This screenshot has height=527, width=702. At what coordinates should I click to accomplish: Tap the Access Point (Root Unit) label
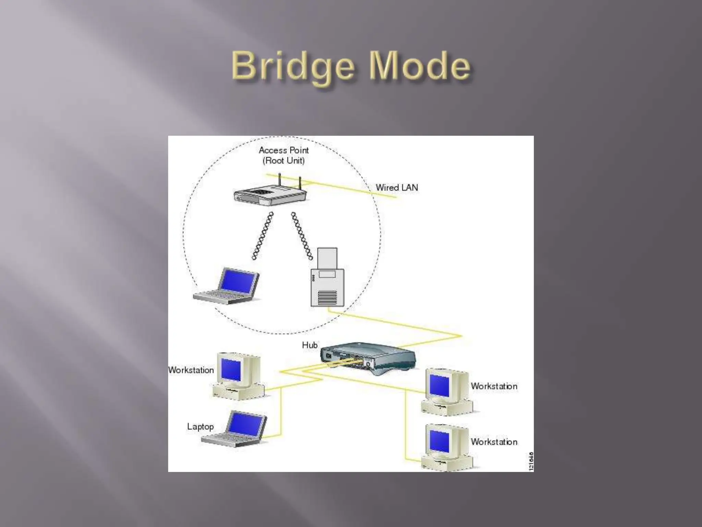click(284, 155)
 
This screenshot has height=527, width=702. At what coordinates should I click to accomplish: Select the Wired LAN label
click(397, 188)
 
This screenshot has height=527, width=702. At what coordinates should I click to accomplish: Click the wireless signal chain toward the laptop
click(263, 236)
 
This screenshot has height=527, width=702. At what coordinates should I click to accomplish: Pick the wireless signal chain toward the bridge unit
click(302, 236)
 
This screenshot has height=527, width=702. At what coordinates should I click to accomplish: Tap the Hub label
click(310, 345)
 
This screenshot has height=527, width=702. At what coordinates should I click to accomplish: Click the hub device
click(367, 359)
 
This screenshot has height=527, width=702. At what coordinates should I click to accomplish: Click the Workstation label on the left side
click(191, 370)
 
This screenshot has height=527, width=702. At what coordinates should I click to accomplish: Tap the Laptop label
click(200, 426)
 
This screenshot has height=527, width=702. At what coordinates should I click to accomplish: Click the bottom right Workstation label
click(494, 442)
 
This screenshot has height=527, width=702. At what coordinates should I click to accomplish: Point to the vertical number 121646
click(531, 461)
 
